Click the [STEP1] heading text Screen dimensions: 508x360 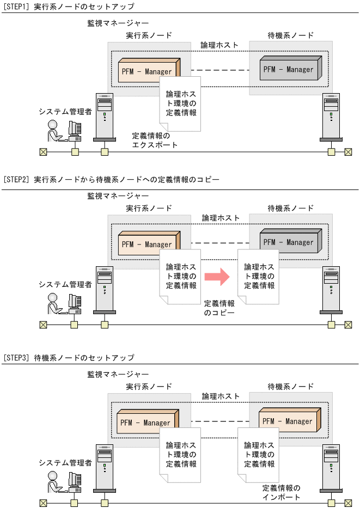(x=69, y=6)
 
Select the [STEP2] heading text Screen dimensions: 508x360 (x=111, y=179)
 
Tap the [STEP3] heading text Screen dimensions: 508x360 (x=69, y=358)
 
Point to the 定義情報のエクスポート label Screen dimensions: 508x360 (x=155, y=140)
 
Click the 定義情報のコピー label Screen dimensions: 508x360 (x=219, y=308)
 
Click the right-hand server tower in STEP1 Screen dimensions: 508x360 (x=331, y=117)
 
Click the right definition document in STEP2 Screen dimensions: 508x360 (x=259, y=276)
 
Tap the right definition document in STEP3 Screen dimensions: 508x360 (x=259, y=455)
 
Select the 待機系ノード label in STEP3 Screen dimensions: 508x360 (x=291, y=387)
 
